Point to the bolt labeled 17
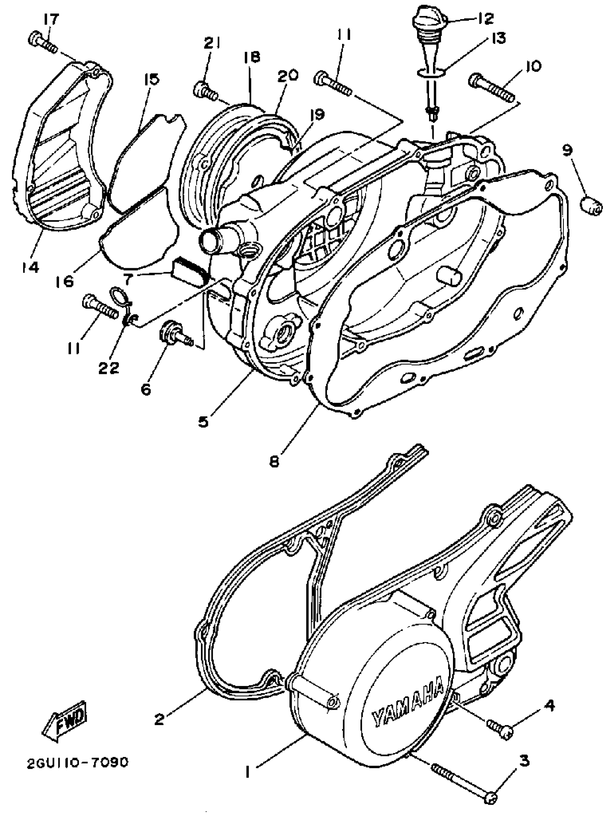pos(42,43)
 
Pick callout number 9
pos(567,151)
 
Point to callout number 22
pos(109,367)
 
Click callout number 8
pos(274,462)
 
